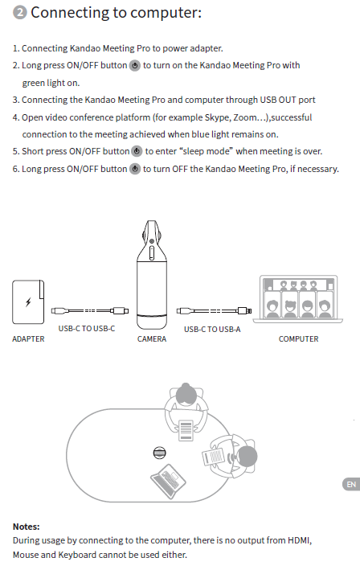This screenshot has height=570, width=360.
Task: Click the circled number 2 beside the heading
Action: coord(20,13)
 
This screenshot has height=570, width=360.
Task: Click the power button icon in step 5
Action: coord(137,151)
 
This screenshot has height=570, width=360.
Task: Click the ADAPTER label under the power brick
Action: coord(28,338)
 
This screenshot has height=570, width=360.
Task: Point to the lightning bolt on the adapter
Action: coord(28,301)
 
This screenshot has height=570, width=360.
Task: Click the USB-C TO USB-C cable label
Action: coord(87,329)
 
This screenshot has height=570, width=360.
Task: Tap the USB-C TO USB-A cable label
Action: coord(212,330)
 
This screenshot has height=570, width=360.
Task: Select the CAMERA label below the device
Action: coord(152,338)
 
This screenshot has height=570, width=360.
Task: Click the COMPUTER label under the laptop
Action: coord(298,338)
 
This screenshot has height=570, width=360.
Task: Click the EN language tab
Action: coord(351,485)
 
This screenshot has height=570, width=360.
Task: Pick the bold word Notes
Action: coord(27,527)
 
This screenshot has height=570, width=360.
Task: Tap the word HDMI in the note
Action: coord(300,540)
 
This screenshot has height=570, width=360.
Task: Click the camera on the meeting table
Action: coord(159,453)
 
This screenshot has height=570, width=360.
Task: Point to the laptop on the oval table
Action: coord(168,481)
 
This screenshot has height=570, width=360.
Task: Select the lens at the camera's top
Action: coord(152,241)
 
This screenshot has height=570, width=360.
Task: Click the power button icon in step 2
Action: coord(135,66)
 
